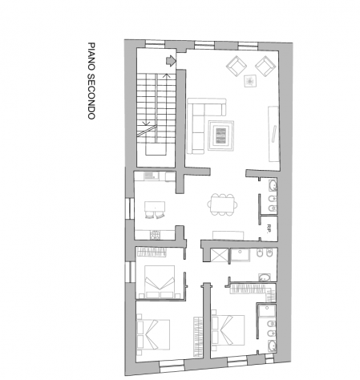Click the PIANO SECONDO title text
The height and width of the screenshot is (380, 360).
pos(91,80)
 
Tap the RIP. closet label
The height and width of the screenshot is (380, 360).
pos(269,228)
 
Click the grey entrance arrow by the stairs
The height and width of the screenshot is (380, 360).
pos(171,61)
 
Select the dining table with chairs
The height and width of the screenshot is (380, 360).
pos(222,204)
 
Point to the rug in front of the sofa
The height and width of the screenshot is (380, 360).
pos(221,135)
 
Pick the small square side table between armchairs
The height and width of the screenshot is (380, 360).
pos(250,81)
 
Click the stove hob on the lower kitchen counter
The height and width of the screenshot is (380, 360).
pos(155,235)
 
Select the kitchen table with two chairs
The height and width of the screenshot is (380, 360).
pos(155,210)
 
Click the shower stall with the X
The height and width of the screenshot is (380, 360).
pos(220,255)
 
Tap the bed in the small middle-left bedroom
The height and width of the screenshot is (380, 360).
pos(160,281)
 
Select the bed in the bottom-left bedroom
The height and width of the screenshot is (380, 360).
pos(153,334)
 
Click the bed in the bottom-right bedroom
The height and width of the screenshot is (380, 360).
pos(228,330)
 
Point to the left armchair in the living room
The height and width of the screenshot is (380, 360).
pos(237,66)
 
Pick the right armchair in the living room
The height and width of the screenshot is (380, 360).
pos(265,66)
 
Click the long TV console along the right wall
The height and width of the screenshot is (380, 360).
pos(273,134)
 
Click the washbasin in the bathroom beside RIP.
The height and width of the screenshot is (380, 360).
pos(273,185)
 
